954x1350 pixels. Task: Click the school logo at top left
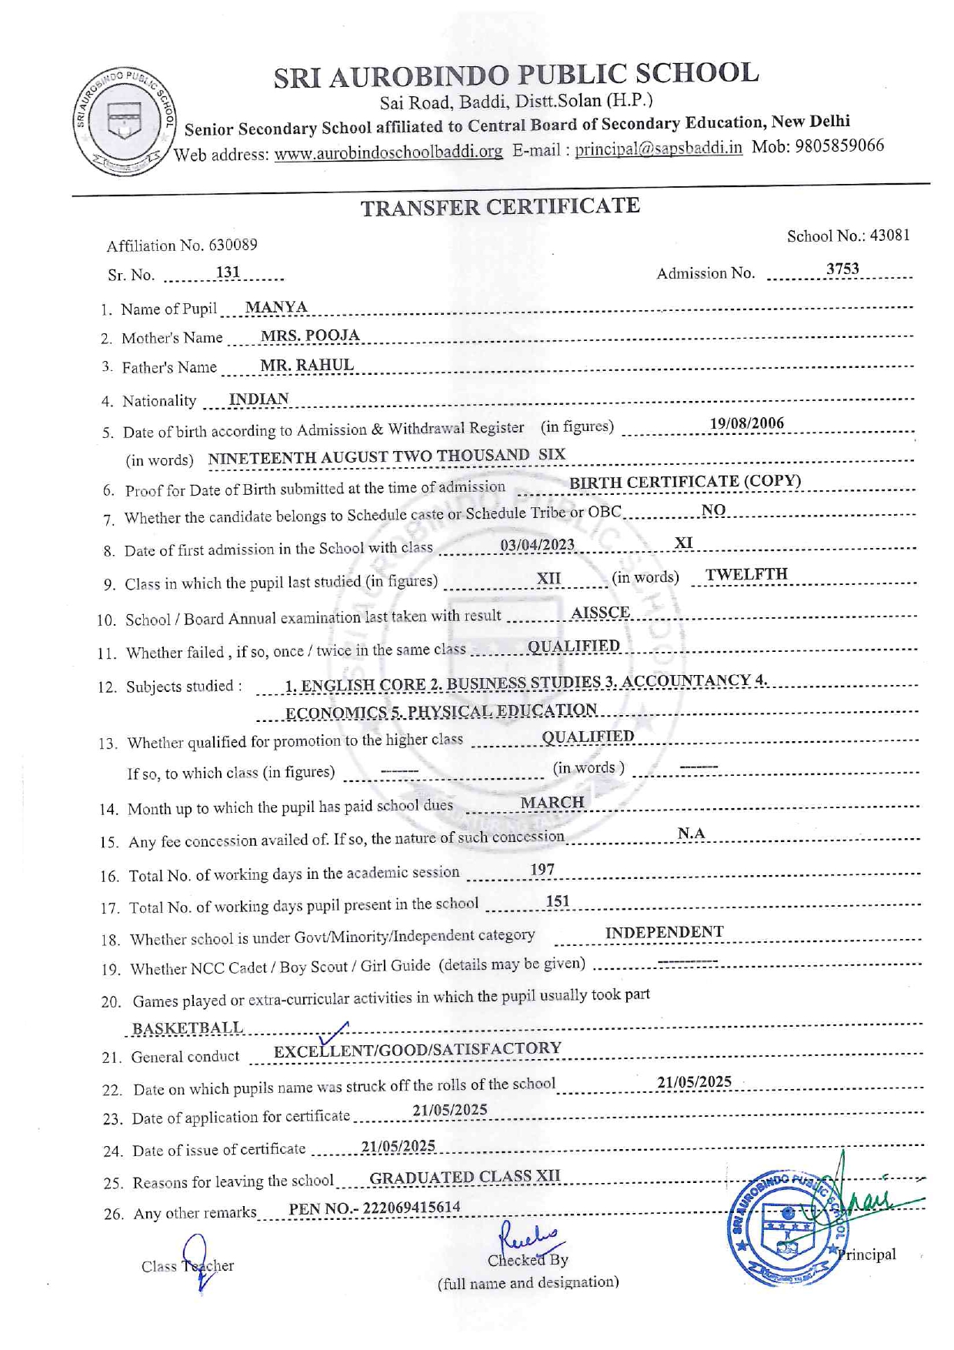point(124,122)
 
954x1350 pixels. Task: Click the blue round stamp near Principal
point(786,1229)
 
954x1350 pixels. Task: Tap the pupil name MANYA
point(276,307)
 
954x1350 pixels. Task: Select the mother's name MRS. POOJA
point(309,336)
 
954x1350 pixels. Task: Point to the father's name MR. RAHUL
point(306,365)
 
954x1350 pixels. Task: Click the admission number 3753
point(842,269)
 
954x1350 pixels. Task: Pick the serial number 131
point(228,272)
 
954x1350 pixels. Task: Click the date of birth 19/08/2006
point(746,423)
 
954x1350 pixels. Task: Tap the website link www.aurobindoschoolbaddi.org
point(388,152)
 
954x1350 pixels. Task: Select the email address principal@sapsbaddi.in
point(659,148)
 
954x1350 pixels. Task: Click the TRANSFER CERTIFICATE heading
point(500,207)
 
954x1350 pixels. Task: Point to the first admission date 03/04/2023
point(537,545)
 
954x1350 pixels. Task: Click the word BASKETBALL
point(188,1028)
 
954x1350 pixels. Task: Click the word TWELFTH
point(746,574)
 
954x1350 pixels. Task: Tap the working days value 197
point(542,870)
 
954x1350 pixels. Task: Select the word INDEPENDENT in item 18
point(664,932)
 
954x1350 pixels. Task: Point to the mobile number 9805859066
point(839,145)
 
